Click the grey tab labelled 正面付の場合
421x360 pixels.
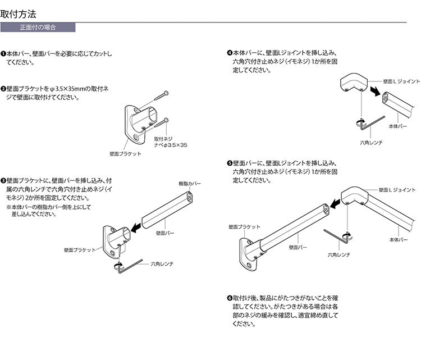pos(38,27)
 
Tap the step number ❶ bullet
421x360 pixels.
pos(3,54)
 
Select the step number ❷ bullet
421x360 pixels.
pos(3,89)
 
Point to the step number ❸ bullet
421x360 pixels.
pos(3,181)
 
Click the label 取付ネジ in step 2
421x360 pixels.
pos(163,138)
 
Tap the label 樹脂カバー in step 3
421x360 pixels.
pos(189,184)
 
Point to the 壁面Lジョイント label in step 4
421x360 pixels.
pos(401,82)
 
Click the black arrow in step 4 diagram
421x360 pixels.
pos(374,90)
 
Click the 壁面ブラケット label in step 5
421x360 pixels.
pos(244,226)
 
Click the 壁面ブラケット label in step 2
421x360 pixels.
pos(126,153)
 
